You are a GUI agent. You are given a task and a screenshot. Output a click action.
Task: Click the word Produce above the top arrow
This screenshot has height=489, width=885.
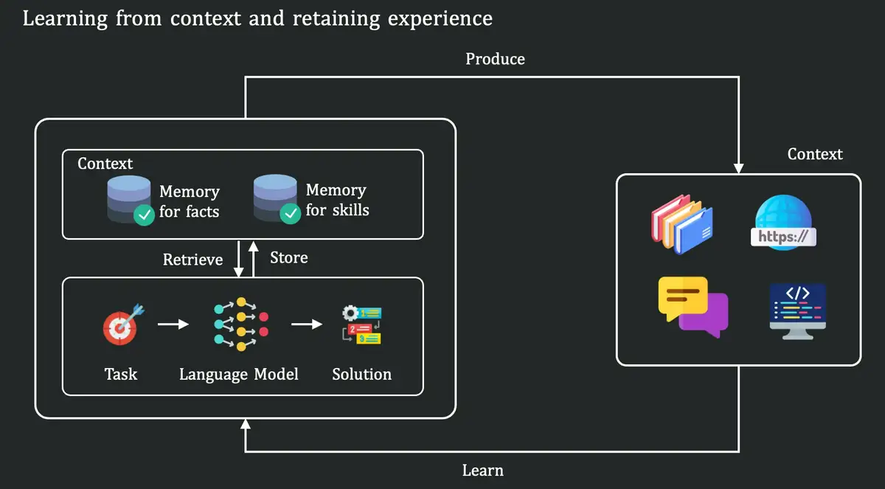495,59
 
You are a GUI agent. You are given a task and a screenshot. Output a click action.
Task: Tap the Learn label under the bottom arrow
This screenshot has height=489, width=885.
483,470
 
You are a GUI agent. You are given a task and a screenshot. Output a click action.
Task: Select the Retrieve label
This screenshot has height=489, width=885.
192,260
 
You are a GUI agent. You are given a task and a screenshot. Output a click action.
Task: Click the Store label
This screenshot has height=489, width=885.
288,257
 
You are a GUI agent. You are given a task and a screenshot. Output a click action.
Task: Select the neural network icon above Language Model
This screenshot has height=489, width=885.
240,325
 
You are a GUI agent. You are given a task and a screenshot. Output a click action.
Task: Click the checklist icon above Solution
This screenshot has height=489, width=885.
361,325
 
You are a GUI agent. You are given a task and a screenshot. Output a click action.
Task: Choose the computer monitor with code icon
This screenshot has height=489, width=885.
797,310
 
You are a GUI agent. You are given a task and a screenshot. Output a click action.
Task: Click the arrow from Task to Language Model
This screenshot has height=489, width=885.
173,324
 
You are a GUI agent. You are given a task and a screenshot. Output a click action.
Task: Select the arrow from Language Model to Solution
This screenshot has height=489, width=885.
307,324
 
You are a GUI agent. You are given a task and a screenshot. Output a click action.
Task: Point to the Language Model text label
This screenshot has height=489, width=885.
238,374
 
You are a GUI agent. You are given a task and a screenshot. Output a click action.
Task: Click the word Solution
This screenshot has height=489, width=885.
361,374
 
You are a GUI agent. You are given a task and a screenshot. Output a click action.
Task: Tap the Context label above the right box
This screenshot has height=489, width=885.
814,154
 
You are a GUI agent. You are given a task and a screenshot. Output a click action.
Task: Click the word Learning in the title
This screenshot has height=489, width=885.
64,18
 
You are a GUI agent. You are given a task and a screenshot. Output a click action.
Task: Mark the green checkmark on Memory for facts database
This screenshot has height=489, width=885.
143,215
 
